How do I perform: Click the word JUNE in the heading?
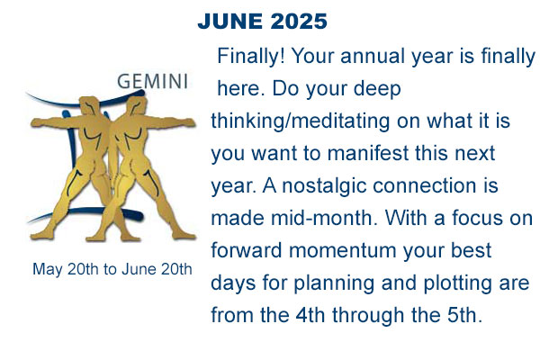tap(230, 22)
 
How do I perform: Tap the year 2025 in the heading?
tap(299, 22)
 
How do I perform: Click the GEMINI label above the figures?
tap(153, 82)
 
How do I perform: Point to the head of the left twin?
tap(89, 104)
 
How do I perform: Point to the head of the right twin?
tap(137, 104)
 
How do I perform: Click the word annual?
tap(373, 56)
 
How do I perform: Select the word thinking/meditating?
tap(301, 121)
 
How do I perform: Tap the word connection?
tap(424, 185)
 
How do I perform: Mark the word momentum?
tap(342, 251)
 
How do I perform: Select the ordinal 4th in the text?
tap(310, 315)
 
